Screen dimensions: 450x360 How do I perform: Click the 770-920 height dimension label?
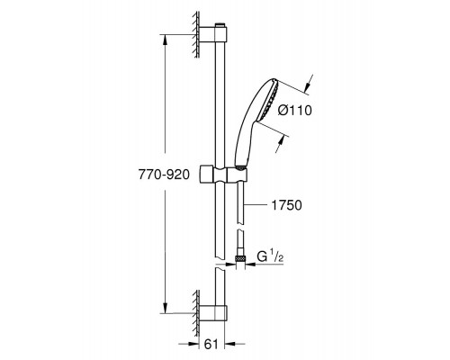point(164,175)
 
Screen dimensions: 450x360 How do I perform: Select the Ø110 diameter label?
point(295,111)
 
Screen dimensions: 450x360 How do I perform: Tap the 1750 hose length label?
point(286,205)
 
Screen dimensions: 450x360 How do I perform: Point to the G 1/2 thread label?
point(270,256)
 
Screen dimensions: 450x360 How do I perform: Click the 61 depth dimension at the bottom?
point(211,345)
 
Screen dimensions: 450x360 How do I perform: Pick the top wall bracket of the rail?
point(212,33)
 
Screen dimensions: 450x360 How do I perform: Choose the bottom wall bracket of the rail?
point(212,313)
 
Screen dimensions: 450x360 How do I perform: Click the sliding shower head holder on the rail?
point(223,175)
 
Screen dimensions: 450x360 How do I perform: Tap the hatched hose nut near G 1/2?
point(239,258)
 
